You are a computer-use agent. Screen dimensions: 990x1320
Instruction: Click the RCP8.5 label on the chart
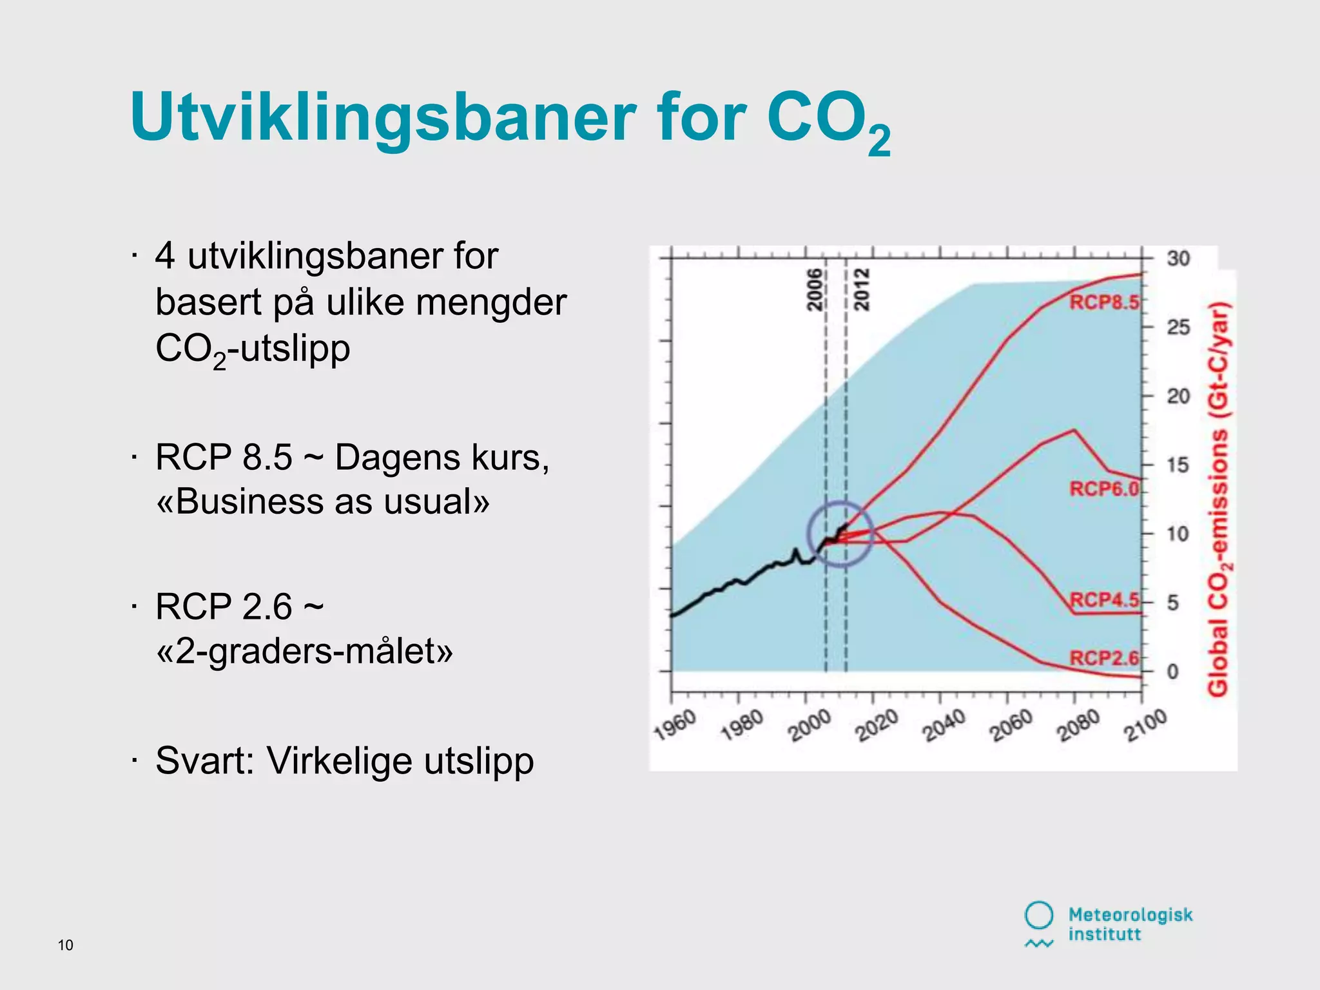(x=1104, y=302)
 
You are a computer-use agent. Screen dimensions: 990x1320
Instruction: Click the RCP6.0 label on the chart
(x=1104, y=489)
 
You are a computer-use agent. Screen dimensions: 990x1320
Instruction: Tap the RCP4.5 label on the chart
(x=1104, y=600)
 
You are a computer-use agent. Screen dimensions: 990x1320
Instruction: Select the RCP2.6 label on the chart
(x=1104, y=658)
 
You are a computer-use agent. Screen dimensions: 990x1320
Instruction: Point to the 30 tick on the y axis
(x=1178, y=258)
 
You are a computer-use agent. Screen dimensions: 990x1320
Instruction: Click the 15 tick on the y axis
(x=1178, y=465)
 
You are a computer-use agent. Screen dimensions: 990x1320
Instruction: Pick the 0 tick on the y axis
(x=1173, y=672)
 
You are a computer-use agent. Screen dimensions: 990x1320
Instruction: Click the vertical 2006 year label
(x=815, y=290)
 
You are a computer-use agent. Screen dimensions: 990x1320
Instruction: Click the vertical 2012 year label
(x=862, y=290)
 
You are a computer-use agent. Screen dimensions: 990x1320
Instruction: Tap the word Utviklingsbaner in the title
(x=383, y=117)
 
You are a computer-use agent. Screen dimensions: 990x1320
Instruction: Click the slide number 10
(x=66, y=945)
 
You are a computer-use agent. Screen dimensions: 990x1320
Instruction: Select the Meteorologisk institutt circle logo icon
(x=1038, y=915)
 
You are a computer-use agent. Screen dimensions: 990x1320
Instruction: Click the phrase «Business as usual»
(x=322, y=501)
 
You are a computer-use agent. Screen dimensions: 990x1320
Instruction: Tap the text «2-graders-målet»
(x=304, y=651)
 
